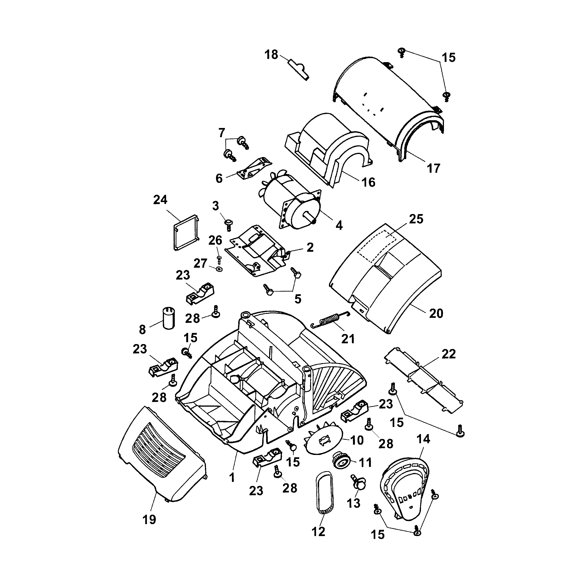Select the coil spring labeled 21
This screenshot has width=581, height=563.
(330, 319)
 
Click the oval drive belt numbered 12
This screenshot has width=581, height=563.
(325, 493)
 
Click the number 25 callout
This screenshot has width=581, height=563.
(416, 219)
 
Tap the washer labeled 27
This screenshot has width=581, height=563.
(219, 269)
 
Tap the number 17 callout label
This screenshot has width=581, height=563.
(433, 168)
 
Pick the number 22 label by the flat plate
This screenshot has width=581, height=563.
(448, 354)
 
